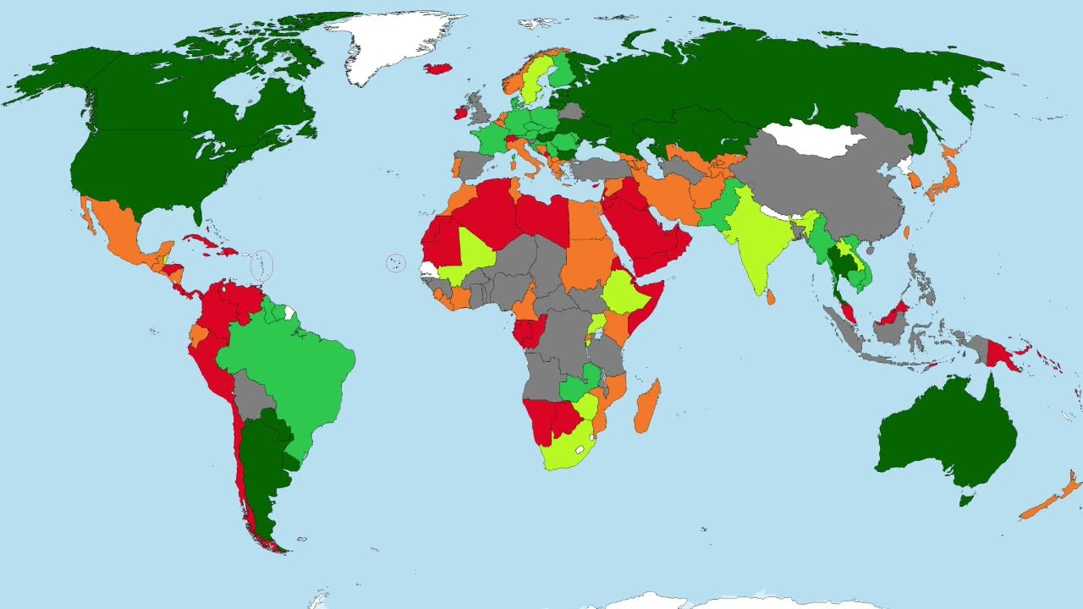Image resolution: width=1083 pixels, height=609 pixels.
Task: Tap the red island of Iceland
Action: click(438, 69)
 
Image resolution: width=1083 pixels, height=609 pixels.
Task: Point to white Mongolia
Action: click(812, 138)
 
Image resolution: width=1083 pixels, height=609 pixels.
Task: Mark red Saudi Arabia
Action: click(643, 228)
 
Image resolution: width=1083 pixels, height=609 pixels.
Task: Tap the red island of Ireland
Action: click(461, 112)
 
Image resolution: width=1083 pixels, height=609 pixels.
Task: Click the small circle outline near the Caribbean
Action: click(263, 266)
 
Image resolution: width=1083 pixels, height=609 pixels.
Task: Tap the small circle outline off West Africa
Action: click(395, 263)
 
